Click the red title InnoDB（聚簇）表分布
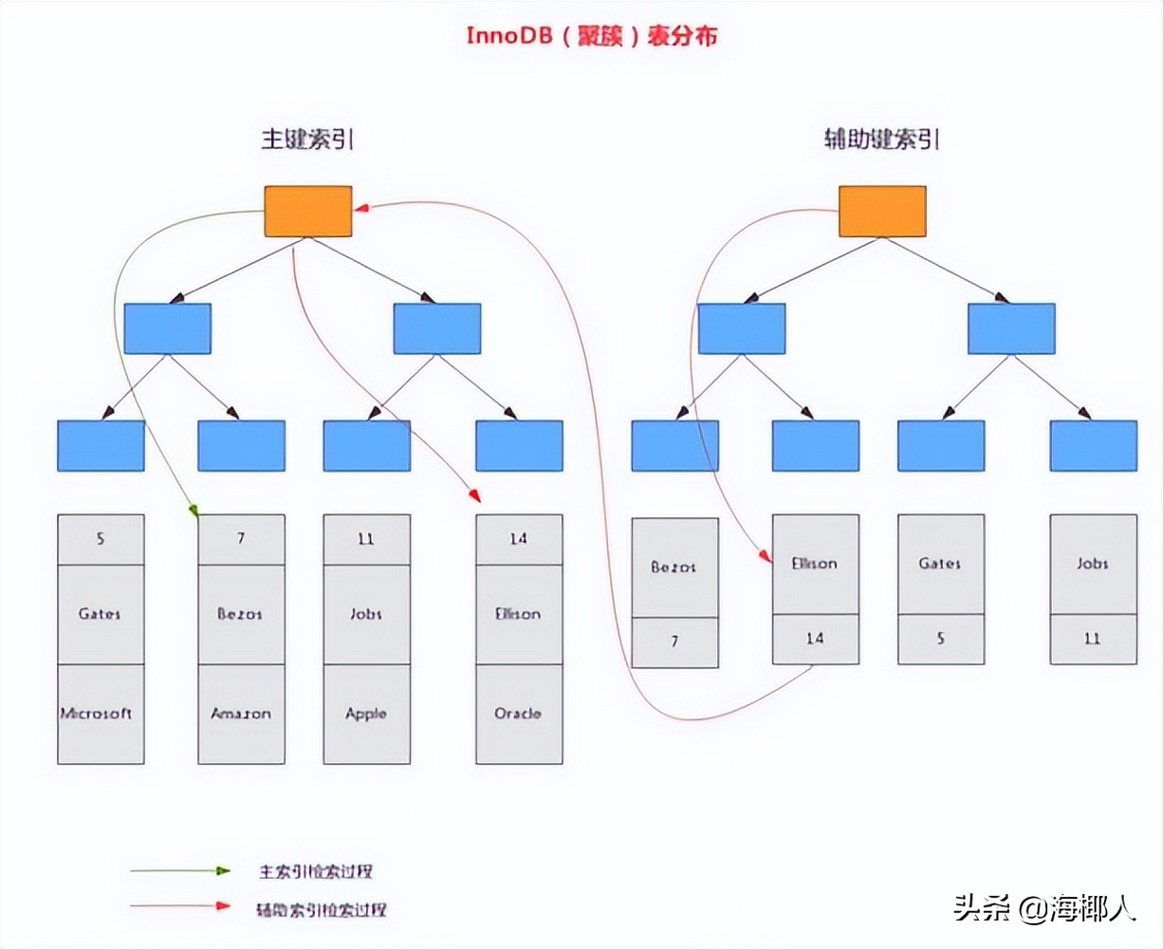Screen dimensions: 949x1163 (591, 36)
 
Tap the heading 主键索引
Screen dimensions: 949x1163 (307, 140)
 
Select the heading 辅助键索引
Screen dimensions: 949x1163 (881, 140)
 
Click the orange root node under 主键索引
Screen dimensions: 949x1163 (308, 211)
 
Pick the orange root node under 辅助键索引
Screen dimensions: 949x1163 (882, 211)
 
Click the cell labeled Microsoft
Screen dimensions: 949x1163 (101, 714)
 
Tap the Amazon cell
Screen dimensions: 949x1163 (241, 714)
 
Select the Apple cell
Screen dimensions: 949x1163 (366, 714)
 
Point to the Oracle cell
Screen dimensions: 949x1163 (519, 714)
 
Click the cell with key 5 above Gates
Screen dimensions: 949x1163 (101, 539)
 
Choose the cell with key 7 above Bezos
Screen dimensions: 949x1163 (241, 539)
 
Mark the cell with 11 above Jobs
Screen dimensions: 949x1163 (366, 539)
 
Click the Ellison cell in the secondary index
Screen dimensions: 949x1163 (815, 564)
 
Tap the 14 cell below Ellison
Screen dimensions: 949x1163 (815, 639)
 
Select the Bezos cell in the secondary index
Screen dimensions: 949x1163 (674, 567)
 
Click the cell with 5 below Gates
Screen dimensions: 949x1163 (940, 639)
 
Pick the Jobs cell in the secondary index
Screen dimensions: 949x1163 (1093, 564)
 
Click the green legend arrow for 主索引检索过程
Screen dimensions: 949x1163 (180, 870)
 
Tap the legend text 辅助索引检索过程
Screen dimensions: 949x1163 (322, 908)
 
